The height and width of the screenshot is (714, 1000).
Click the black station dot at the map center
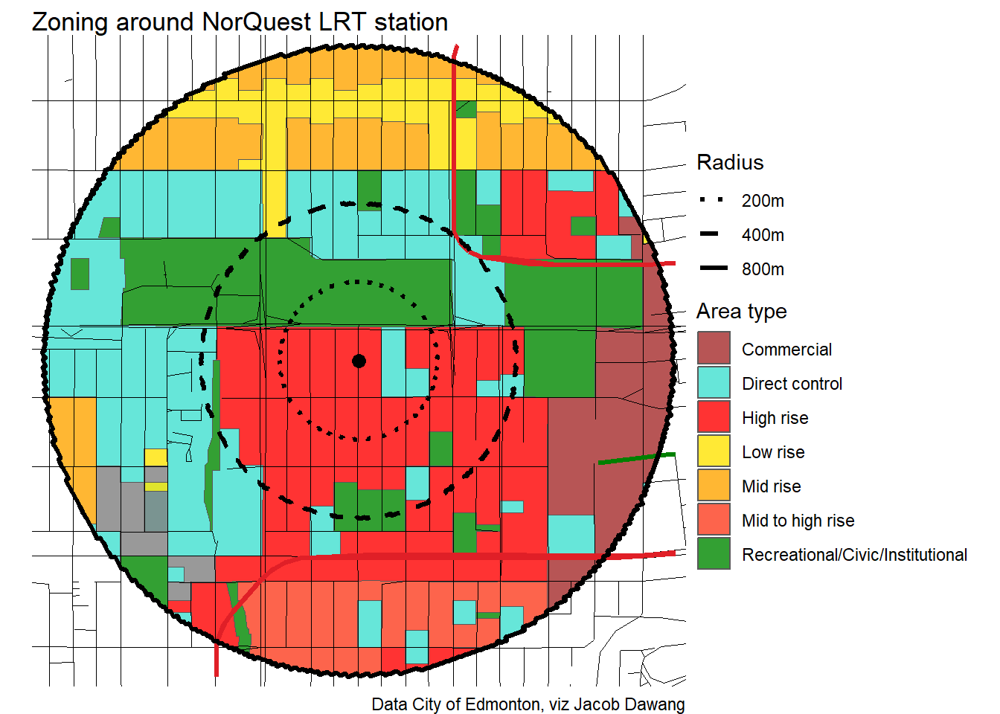click(359, 361)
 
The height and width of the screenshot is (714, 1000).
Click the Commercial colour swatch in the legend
click(714, 349)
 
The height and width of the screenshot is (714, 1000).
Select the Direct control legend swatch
click(714, 383)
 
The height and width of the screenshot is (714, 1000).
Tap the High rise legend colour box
click(714, 417)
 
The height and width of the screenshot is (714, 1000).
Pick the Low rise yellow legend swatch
click(714, 451)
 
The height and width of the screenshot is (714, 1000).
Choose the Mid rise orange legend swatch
click(714, 486)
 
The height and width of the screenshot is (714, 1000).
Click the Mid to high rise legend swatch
click(714, 520)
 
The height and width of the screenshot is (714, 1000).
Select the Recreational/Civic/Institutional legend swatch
click(714, 554)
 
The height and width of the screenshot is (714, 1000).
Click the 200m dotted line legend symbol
click(712, 200)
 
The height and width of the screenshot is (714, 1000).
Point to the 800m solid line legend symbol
click(712, 268)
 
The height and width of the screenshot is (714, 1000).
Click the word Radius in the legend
click(730, 163)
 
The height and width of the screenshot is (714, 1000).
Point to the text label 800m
click(763, 269)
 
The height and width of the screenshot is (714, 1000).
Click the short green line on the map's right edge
click(636, 458)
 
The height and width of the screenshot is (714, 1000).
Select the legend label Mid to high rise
click(798, 521)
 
